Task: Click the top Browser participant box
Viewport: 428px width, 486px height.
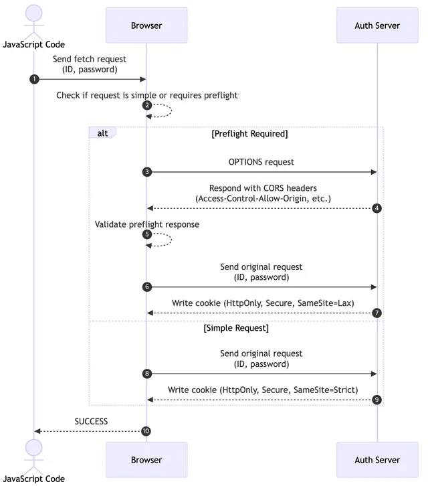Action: pos(146,25)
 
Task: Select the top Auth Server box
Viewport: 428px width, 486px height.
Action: pos(377,25)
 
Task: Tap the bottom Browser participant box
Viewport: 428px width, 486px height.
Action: pos(146,460)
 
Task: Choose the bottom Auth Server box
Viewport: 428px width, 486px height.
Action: pos(377,460)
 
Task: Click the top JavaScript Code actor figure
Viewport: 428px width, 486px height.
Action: pos(33,20)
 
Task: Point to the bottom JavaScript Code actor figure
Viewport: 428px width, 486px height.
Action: pos(33,454)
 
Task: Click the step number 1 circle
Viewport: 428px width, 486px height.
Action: pos(34,80)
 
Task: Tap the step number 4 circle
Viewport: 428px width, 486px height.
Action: pos(377,208)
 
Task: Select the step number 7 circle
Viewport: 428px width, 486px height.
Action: pos(377,313)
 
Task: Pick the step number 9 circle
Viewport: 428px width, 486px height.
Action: pos(377,400)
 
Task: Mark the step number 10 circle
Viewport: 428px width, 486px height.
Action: pos(146,431)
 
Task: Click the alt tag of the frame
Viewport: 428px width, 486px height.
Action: pos(102,133)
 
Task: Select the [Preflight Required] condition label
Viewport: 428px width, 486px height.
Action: pos(249,133)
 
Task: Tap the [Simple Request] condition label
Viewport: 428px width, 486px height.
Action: pos(236,328)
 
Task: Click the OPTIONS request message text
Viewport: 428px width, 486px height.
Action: pos(261,162)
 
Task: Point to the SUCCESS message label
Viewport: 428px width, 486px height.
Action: pos(91,422)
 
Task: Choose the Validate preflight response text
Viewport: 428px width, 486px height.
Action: pos(147,224)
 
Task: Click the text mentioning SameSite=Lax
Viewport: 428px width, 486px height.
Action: pos(261,303)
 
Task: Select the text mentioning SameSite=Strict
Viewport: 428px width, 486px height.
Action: pos(262,390)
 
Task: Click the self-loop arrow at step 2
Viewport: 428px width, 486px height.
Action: pos(163,110)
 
